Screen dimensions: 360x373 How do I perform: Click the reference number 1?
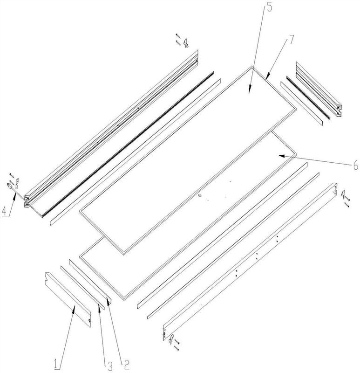tap(56, 364)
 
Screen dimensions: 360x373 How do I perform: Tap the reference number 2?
tap(127, 365)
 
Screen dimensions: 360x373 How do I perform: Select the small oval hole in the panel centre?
tap(199, 195)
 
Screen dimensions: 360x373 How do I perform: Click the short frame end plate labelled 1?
tap(68, 300)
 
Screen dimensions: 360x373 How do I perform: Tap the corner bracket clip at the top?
tap(186, 43)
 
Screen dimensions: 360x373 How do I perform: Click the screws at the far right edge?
tap(347, 201)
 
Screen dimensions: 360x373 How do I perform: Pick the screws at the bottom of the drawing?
tap(177, 345)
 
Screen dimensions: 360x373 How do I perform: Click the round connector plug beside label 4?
tap(10, 186)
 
